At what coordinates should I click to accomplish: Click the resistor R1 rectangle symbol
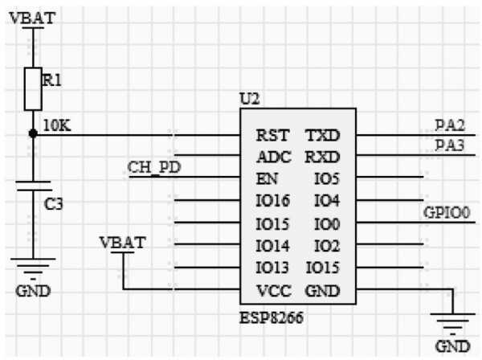[x=33, y=88]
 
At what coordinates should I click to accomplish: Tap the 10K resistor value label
[x=57, y=125]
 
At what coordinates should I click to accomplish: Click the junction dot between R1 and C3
[x=33, y=134]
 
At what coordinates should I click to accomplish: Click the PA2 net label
[x=450, y=125]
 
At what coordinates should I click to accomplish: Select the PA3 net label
[x=450, y=145]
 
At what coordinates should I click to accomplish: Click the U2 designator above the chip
[x=249, y=100]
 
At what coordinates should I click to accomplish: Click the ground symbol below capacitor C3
[x=33, y=265]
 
